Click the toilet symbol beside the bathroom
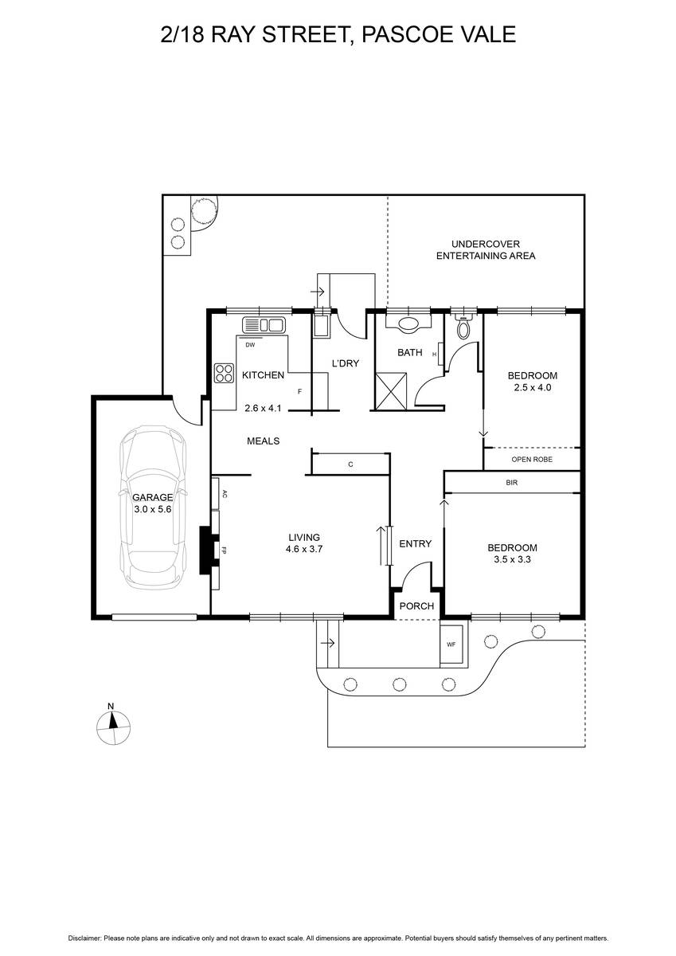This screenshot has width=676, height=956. pos(463,326)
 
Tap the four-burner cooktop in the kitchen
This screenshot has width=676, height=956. pos(224,373)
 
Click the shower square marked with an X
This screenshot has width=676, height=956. pos(392,391)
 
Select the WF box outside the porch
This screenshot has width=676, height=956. pos(451,645)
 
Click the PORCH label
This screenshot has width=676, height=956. pos(416,606)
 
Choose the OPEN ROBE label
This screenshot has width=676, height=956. pos(532,459)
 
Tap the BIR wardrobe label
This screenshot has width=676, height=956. pos(512,483)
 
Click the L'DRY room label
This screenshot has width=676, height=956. pos(346,363)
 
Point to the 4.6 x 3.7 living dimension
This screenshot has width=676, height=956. pos(304,549)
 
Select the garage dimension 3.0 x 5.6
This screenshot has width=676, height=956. pos(153,509)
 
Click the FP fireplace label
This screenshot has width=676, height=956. pos(224,550)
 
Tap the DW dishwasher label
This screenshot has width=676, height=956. pos(250,345)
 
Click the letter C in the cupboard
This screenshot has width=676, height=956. pos(350,464)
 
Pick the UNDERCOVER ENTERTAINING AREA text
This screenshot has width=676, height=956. pos(486,249)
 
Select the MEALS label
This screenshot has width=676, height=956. pos(263,441)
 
